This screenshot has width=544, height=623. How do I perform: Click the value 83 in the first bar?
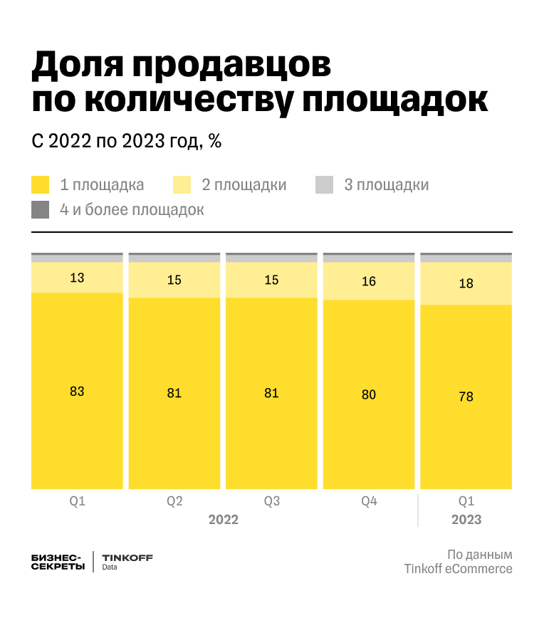[77, 391]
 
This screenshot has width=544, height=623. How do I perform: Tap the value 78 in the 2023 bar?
[466, 397]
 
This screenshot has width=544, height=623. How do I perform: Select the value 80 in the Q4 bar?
[368, 394]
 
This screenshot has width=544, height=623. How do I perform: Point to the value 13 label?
[77, 278]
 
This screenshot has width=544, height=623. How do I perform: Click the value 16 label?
[368, 281]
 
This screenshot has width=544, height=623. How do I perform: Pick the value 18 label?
[466, 283]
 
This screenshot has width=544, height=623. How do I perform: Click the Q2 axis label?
[174, 501]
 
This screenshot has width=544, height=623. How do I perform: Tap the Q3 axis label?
[271, 501]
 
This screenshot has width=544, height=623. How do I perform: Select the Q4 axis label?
[368, 501]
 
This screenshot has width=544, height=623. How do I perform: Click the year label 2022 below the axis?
[223, 520]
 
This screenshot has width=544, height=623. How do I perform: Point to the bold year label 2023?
[466, 520]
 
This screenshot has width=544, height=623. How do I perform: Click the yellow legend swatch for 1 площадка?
[41, 185]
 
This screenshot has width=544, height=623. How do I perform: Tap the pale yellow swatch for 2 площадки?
[182, 185]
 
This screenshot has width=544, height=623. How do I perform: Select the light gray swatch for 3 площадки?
[325, 185]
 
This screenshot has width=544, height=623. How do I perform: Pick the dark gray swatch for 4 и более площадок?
[41, 210]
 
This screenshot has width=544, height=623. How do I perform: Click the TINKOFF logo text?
[127, 557]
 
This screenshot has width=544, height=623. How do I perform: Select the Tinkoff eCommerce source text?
[458, 569]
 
